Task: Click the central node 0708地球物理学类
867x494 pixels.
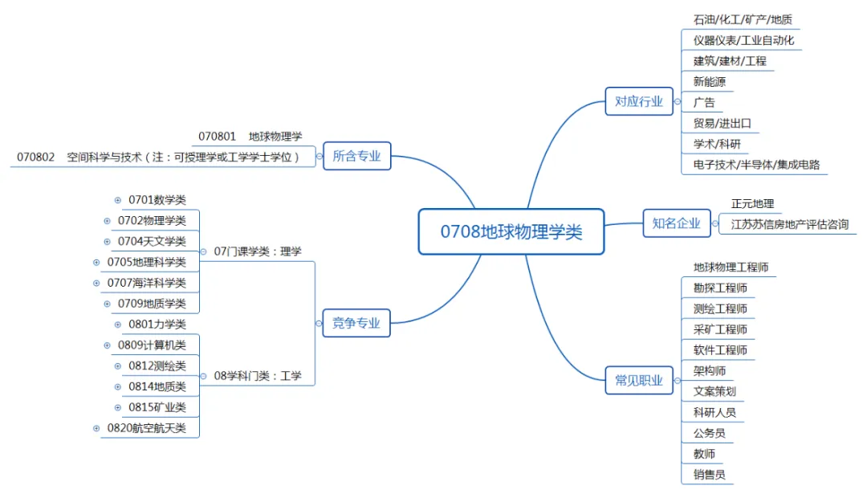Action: coord(511,232)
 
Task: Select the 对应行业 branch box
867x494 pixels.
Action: coord(639,101)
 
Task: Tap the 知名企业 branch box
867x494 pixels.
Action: coord(677,223)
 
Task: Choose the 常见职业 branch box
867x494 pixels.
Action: coord(639,381)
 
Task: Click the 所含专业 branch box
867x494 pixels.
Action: coord(356,156)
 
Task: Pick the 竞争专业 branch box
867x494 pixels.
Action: coord(356,324)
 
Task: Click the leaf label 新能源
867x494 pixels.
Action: coord(710,81)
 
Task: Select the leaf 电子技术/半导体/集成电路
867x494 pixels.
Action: coord(756,165)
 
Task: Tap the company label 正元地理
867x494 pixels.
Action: coord(752,204)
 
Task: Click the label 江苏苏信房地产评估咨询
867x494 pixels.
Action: coord(790,224)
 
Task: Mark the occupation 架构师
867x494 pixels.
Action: coord(710,371)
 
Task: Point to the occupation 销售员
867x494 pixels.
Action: coord(710,475)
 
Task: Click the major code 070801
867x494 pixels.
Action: coord(218,137)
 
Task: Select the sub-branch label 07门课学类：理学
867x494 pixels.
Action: coord(258,251)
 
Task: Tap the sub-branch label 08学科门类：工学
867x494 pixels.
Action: coord(258,375)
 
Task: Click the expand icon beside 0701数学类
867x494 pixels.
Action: coord(118,200)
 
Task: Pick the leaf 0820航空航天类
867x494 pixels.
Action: coord(147,428)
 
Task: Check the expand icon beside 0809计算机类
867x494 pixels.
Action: coord(108,345)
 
